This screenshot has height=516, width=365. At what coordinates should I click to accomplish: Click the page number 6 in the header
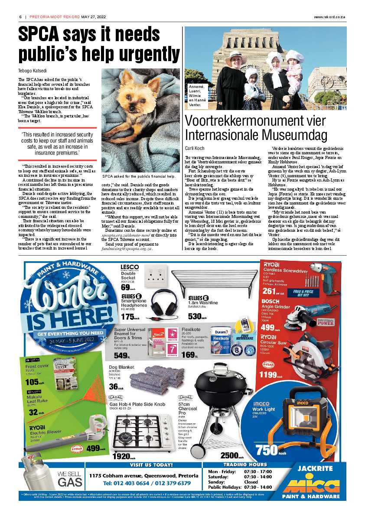(20, 17)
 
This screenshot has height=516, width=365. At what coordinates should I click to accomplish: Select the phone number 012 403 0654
(122, 483)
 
